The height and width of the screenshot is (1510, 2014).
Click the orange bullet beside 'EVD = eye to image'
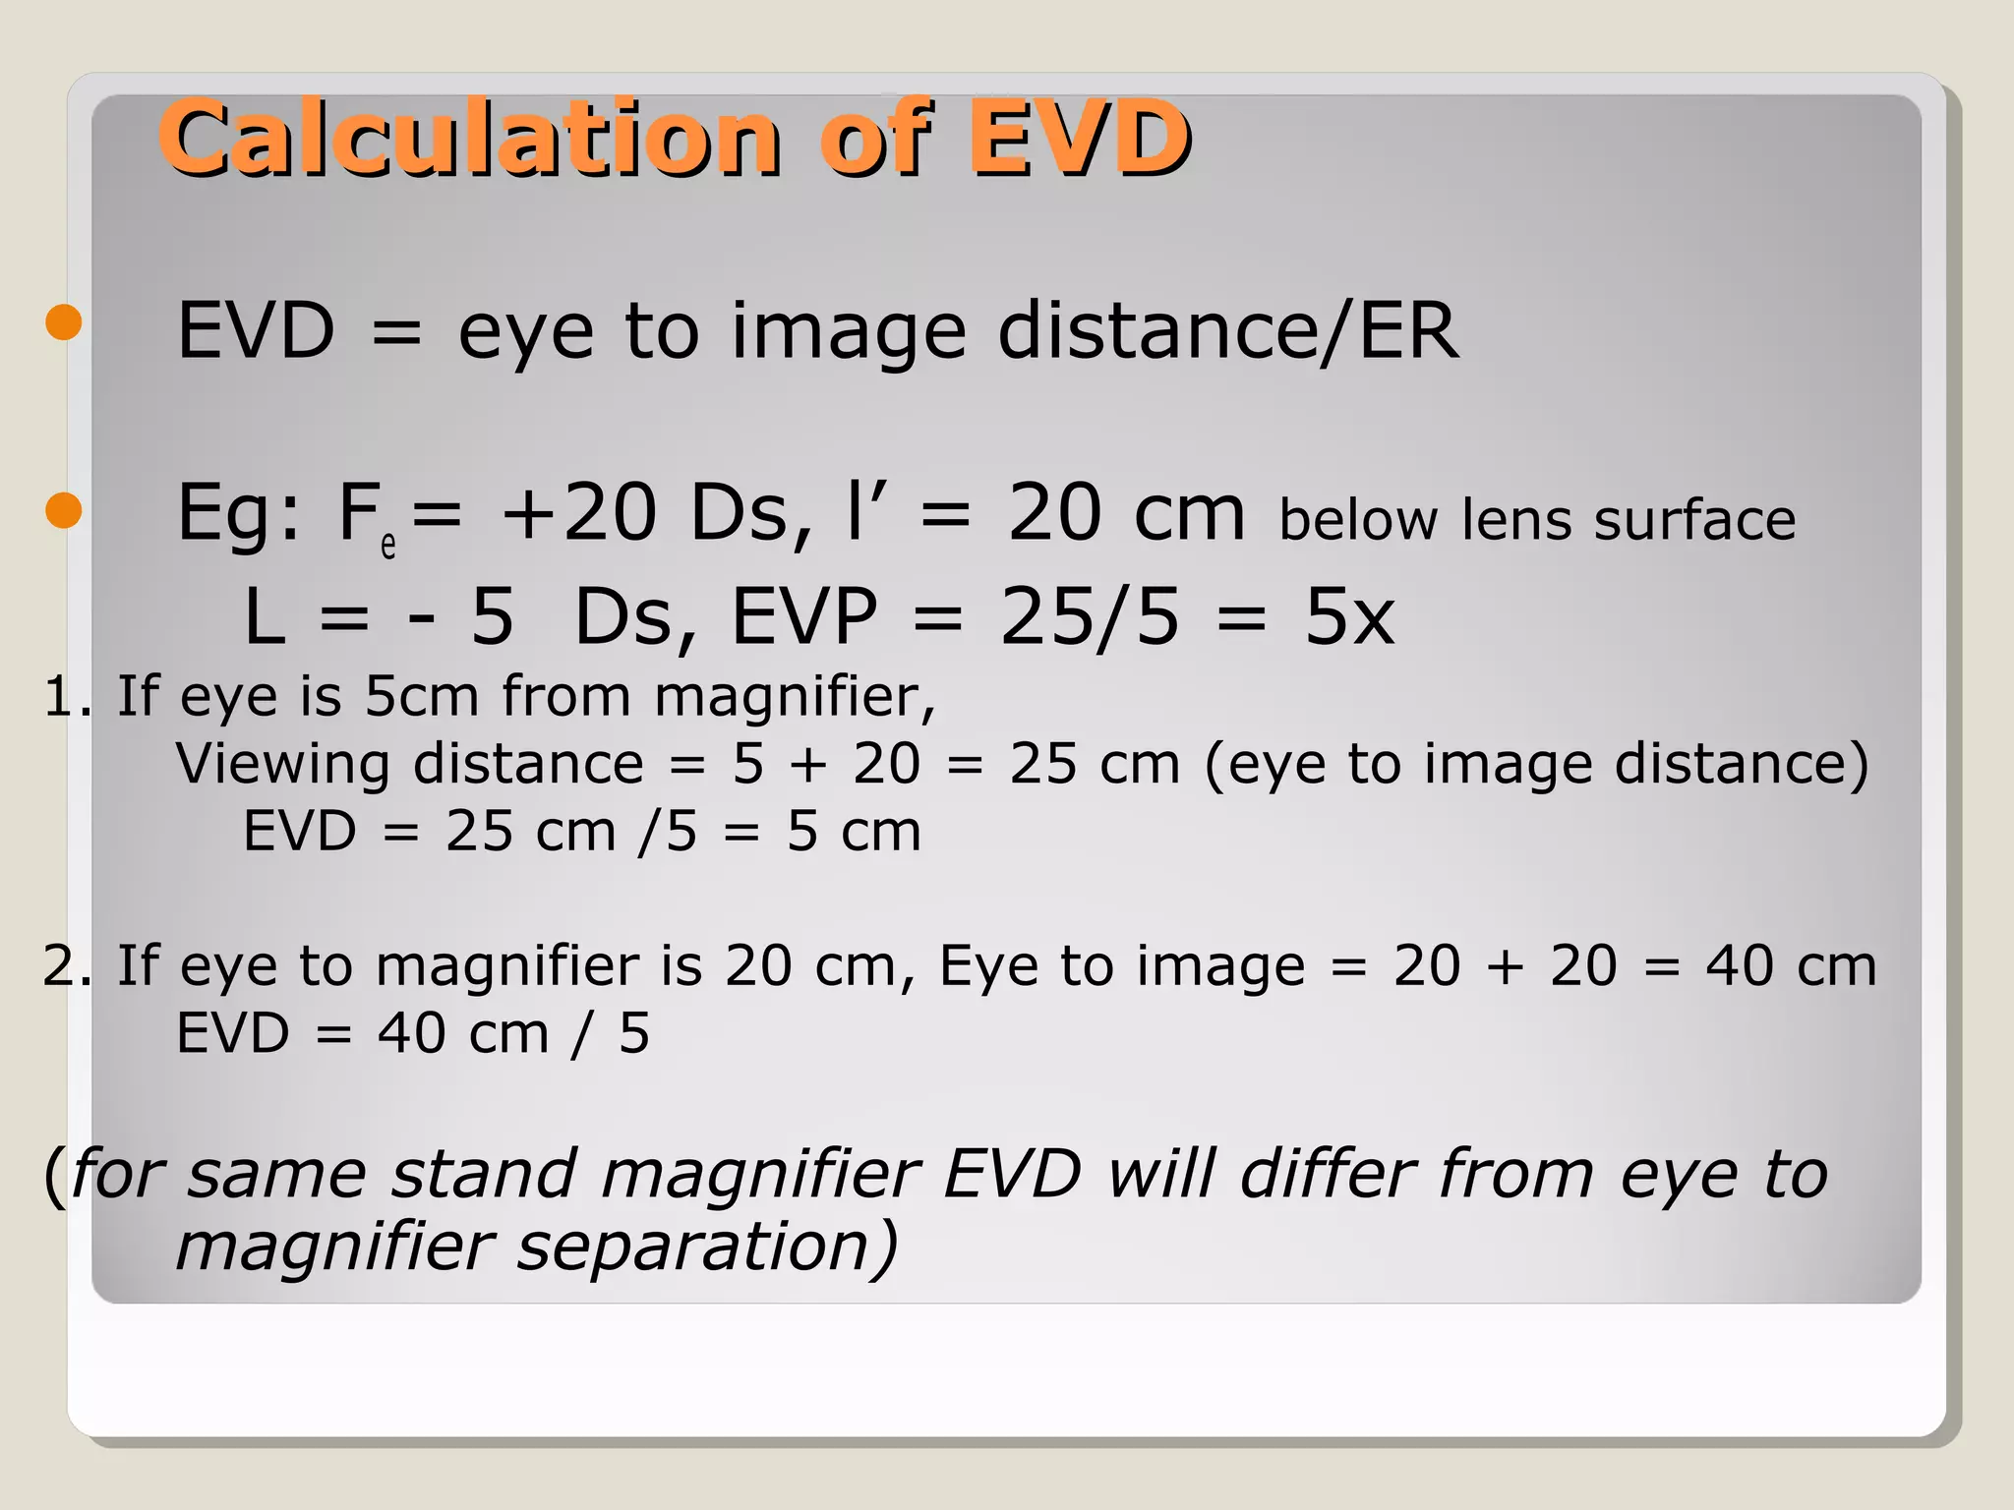tap(64, 322)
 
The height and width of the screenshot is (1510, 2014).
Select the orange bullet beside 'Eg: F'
tap(64, 510)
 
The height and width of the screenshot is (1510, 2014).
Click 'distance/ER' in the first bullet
tap(1227, 331)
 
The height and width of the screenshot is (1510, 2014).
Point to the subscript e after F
tap(388, 545)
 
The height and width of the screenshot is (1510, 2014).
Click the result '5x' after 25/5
tap(1348, 617)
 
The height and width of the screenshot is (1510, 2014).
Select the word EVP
tap(803, 617)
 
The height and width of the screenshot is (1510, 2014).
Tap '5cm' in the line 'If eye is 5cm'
tap(422, 697)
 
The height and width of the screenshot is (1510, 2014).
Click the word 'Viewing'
tap(283, 765)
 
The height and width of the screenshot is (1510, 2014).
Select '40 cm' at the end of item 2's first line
tap(1791, 966)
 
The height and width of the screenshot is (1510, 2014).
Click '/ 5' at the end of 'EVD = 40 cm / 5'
tap(611, 1034)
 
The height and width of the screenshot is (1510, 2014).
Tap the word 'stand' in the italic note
tap(483, 1174)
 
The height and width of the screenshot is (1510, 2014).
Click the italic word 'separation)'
tap(707, 1247)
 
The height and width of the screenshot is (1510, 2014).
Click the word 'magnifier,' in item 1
tap(795, 697)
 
